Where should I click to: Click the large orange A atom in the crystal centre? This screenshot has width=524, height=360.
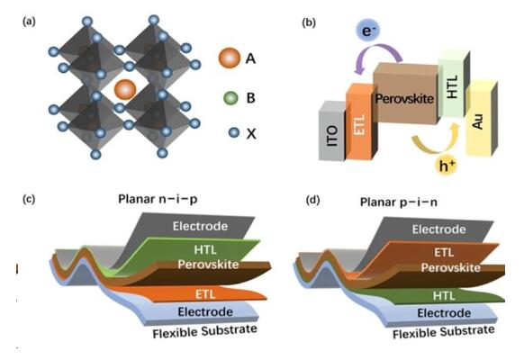125,89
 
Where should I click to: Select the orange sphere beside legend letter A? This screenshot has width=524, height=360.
230,58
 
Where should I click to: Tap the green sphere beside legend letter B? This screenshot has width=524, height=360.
230,98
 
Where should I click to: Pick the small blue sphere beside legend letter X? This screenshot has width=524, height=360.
234,132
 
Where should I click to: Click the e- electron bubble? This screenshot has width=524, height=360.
367,31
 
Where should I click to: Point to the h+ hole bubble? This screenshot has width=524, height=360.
447,166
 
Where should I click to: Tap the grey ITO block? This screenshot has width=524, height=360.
332,131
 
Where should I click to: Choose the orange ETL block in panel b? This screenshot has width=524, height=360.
360,123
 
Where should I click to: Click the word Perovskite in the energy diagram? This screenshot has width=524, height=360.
404,98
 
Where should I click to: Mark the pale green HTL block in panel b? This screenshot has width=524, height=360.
453,85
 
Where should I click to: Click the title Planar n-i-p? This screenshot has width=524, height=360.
158,199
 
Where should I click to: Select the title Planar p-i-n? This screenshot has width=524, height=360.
398,202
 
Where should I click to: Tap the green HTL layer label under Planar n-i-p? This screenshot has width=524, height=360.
205,249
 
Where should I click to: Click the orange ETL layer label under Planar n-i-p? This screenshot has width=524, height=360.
205,294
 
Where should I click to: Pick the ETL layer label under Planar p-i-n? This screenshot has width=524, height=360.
444,252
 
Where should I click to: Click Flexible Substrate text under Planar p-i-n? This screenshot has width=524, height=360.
443,332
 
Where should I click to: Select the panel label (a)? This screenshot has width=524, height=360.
29,22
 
